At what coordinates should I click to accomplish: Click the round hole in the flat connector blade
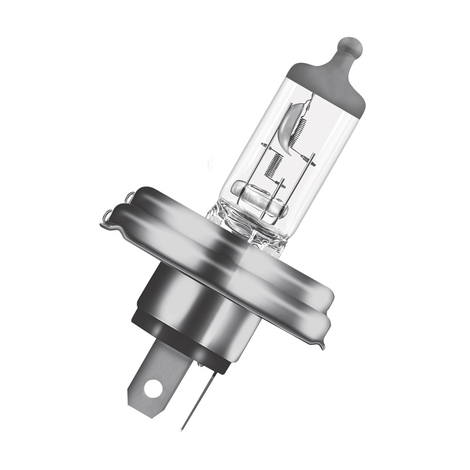click(x=154, y=387)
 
